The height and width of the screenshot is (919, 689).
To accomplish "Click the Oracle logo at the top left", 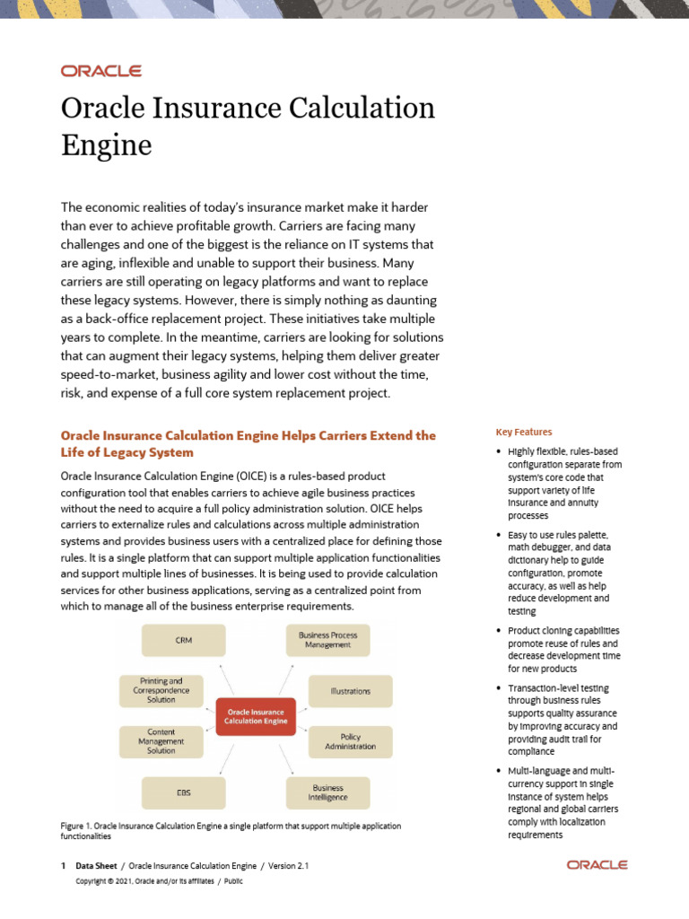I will pyautogui.click(x=100, y=71).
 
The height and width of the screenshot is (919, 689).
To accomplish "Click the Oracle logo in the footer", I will pyautogui.click(x=597, y=865).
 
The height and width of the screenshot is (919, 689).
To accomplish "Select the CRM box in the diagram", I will pyautogui.click(x=183, y=641).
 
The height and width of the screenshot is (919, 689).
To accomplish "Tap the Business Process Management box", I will pyautogui.click(x=327, y=640).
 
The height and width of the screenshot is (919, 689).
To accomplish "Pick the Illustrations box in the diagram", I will pyautogui.click(x=350, y=691).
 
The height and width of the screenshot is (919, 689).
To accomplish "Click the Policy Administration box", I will pyautogui.click(x=350, y=741).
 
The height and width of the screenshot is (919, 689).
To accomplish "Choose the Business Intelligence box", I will pyautogui.click(x=327, y=792).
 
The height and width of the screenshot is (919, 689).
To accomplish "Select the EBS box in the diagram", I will pyautogui.click(x=183, y=792).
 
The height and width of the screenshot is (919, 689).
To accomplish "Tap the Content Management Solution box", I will pyautogui.click(x=161, y=741).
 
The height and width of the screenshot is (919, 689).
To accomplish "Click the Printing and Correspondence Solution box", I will pyautogui.click(x=161, y=690).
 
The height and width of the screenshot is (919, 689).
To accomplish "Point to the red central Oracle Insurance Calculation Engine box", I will pyautogui.click(x=256, y=716).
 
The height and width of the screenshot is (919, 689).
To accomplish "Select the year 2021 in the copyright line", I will pyautogui.click(x=121, y=881).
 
